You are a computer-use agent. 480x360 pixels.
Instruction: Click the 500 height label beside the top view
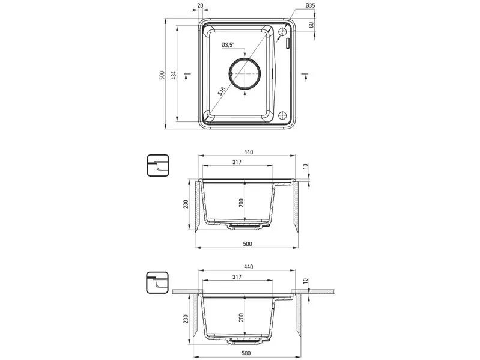[x=162, y=75]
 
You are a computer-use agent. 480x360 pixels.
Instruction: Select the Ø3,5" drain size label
[x=228, y=45]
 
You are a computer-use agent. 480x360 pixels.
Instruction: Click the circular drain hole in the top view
[x=245, y=73]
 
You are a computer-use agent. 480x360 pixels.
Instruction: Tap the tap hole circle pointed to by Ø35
[x=282, y=31]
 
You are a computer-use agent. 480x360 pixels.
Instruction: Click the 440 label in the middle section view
[x=248, y=152]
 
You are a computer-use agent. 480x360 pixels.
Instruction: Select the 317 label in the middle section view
[x=237, y=162]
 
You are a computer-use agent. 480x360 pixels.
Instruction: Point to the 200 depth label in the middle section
[x=242, y=203]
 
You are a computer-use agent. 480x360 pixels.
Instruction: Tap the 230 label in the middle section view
[x=186, y=204]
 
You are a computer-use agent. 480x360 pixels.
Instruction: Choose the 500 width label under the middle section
[x=248, y=244]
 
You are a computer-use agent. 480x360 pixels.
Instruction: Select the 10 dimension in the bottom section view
[x=306, y=281]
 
